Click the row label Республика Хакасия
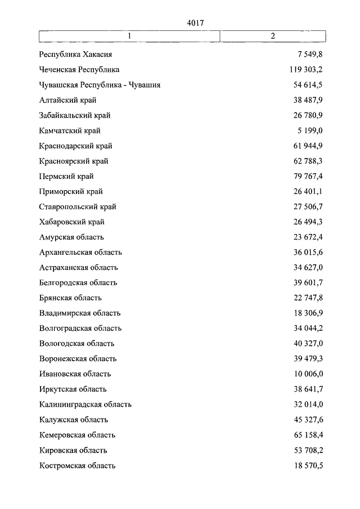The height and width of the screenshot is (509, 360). click(x=76, y=55)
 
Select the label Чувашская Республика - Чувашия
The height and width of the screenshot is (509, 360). click(x=100, y=85)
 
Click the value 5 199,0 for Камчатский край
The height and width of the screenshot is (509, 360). click(x=310, y=130)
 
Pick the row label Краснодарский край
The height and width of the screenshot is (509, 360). click(x=76, y=146)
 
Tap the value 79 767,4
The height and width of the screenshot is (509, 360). click(x=307, y=176)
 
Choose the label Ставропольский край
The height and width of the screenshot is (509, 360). click(x=78, y=206)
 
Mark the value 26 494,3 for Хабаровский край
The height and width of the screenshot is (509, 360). click(x=307, y=222)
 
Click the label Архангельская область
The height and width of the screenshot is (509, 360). click(x=81, y=252)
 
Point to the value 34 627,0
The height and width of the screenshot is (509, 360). click(x=307, y=267)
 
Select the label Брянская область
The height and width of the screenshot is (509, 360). click(x=71, y=298)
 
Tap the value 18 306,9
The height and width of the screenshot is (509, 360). click(x=307, y=313)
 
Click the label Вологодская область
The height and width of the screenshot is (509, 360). click(x=77, y=343)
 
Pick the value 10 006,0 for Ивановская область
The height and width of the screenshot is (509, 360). click(x=307, y=373)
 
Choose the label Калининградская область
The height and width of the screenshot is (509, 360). click(x=85, y=404)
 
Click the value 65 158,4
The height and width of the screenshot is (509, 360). click(x=307, y=434)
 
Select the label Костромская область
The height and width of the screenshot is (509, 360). click(x=78, y=465)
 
